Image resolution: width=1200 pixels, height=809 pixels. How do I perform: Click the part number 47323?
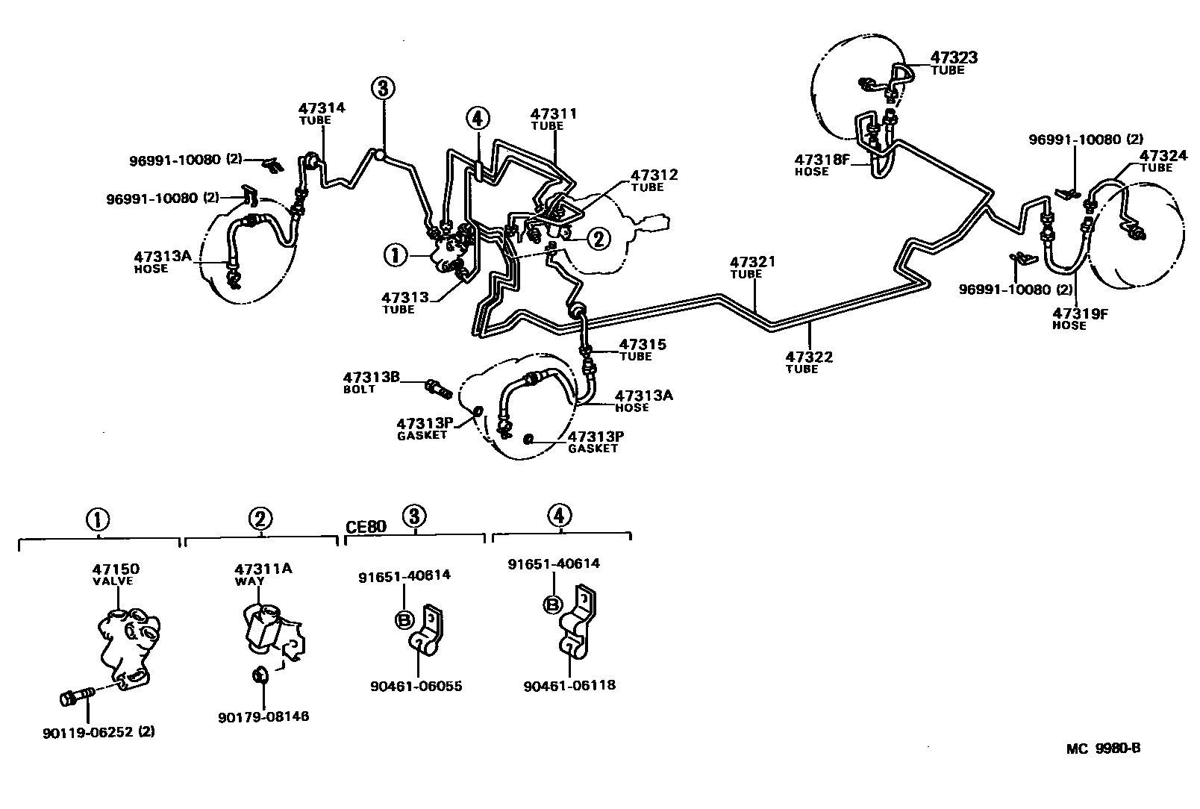(954, 57)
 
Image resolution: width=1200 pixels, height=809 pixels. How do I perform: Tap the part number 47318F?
(822, 159)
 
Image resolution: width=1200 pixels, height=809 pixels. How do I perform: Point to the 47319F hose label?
(1080, 313)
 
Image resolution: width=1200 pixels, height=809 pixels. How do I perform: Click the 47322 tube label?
(809, 357)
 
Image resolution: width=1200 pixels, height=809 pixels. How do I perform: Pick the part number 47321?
(752, 262)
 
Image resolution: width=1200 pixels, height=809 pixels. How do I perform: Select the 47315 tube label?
(643, 345)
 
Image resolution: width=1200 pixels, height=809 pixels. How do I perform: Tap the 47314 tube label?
(322, 107)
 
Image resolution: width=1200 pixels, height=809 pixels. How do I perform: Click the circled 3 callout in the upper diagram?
(381, 88)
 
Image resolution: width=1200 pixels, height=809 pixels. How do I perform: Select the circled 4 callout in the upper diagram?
(478, 117)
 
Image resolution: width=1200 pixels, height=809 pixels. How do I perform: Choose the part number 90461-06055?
(416, 686)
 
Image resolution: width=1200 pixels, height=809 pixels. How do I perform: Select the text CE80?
(366, 527)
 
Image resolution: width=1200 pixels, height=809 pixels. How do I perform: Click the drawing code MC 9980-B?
(1103, 749)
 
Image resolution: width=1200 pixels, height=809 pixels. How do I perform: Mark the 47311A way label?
(261, 569)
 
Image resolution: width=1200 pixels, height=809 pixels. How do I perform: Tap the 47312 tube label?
(654, 175)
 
